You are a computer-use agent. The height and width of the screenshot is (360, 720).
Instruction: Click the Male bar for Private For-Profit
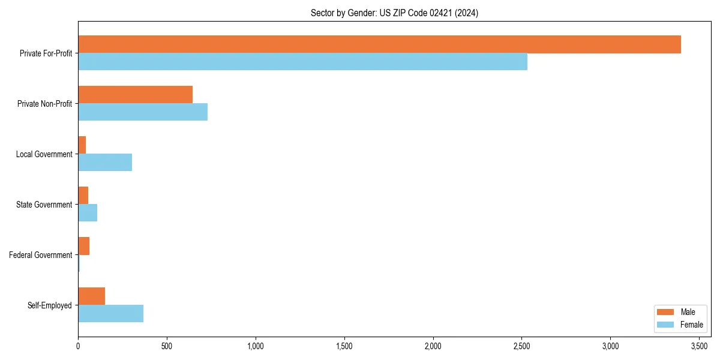tap(379, 44)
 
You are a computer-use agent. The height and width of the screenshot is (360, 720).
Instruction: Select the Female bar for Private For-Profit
tap(302, 62)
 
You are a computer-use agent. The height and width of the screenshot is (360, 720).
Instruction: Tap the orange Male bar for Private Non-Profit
tap(135, 95)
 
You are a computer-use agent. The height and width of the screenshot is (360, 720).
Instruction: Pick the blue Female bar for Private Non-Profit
tap(143, 112)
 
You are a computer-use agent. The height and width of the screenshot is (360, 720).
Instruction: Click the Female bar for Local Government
tap(105, 163)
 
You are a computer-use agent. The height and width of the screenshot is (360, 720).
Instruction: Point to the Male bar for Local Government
tap(82, 145)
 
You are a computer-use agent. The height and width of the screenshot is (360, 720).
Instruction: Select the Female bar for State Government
tap(88, 213)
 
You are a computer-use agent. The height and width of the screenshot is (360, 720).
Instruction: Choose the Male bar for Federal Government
tap(84, 246)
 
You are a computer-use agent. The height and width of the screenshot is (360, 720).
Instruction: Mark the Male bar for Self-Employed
tap(91, 296)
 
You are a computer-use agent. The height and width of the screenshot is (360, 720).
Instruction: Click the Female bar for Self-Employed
tap(110, 314)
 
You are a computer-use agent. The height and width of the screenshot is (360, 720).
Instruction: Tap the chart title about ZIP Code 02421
tap(394, 13)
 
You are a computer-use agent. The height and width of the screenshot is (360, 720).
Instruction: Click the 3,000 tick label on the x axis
tap(610, 346)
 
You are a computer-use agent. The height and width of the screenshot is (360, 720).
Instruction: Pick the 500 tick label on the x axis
tap(167, 346)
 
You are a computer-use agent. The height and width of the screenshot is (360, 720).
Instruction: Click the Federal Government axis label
tap(41, 255)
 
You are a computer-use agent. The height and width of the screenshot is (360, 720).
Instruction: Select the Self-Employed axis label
tap(50, 305)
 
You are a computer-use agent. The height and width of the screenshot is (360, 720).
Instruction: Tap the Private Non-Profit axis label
tap(46, 104)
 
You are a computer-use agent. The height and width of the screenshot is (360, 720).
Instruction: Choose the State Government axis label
tap(44, 205)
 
